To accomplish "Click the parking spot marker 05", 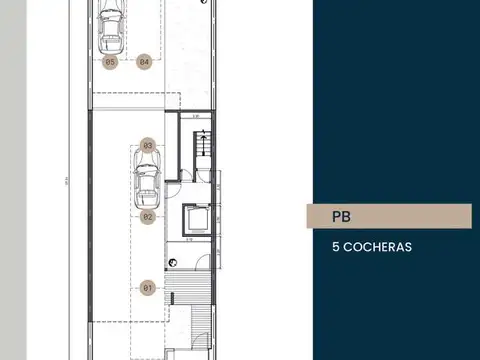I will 111,62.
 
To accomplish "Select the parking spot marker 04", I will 145,62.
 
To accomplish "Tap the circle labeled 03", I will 147,145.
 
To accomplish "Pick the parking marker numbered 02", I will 147,215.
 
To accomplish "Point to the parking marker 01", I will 147,288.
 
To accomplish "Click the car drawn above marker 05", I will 111,29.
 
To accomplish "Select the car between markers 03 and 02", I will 147,181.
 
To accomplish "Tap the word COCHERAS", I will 377,245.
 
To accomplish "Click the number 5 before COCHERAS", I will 335,245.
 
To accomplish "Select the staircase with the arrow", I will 201,148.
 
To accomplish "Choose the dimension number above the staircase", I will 197,116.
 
